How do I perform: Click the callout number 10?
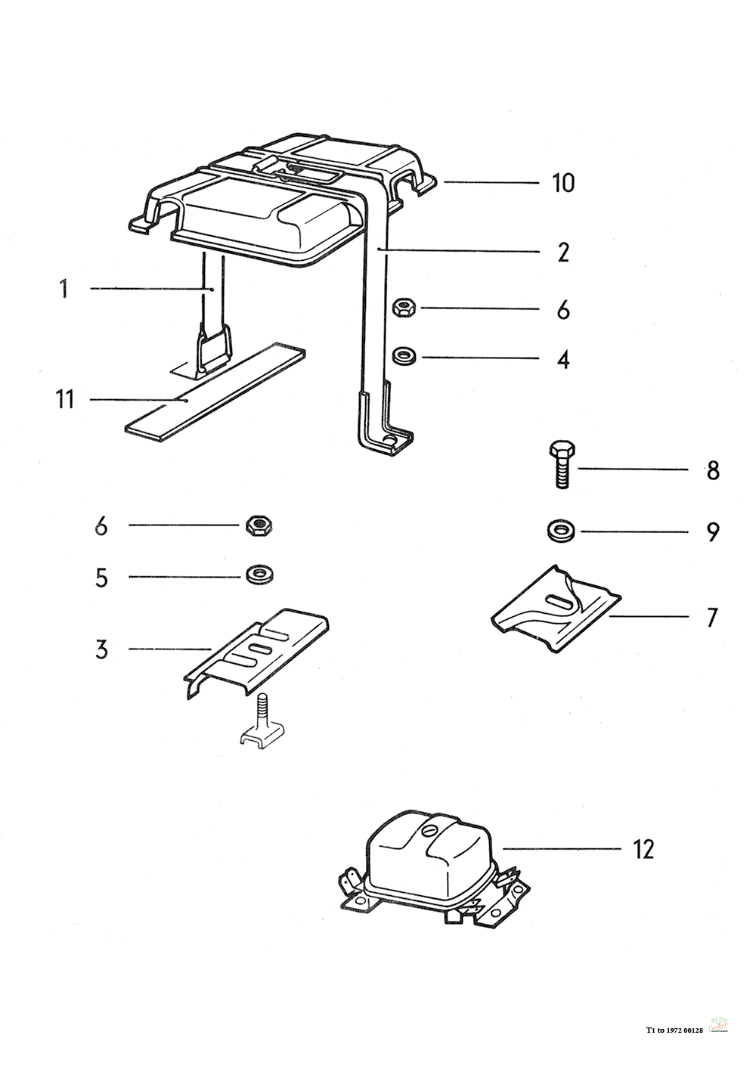click(562, 183)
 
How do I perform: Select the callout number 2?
click(562, 253)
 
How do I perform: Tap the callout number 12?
click(643, 849)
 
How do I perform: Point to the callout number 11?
click(65, 398)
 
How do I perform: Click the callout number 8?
click(713, 470)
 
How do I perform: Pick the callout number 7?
click(711, 617)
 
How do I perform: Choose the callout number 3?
click(101, 649)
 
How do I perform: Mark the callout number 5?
click(101, 578)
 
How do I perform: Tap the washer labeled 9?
click(560, 531)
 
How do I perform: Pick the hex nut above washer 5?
click(258, 525)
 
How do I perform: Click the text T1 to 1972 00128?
click(674, 1029)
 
